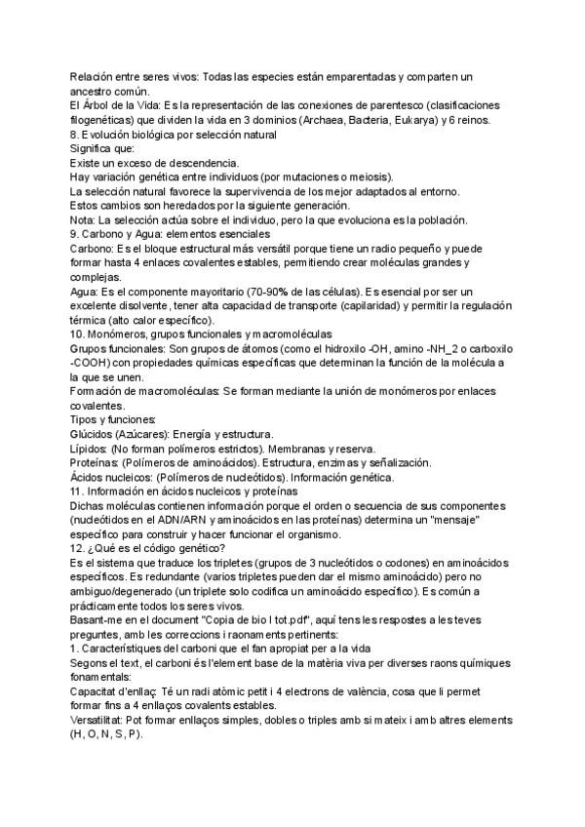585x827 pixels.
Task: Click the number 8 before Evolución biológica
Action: [x=73, y=135]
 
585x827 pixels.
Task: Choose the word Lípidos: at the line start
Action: [x=90, y=450]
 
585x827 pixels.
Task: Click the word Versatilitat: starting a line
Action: [x=102, y=721]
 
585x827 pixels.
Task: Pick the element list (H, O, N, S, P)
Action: [x=108, y=735]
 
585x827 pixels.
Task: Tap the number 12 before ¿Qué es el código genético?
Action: [x=77, y=550]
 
